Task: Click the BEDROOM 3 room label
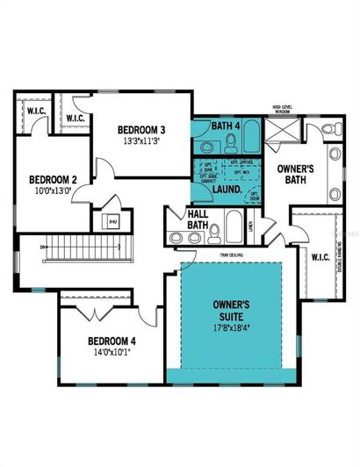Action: pyautogui.click(x=141, y=130)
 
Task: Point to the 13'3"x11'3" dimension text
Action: pyautogui.click(x=141, y=141)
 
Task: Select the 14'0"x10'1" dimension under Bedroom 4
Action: pyautogui.click(x=112, y=354)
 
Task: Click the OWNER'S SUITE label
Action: pyautogui.click(x=233, y=310)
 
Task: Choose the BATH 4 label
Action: pyautogui.click(x=226, y=126)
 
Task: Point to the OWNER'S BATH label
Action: pyautogui.click(x=291, y=173)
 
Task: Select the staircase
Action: pyautogui.click(x=88, y=248)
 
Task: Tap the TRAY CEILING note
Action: pyautogui.click(x=232, y=256)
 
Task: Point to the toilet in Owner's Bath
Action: pyautogui.click(x=327, y=130)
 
